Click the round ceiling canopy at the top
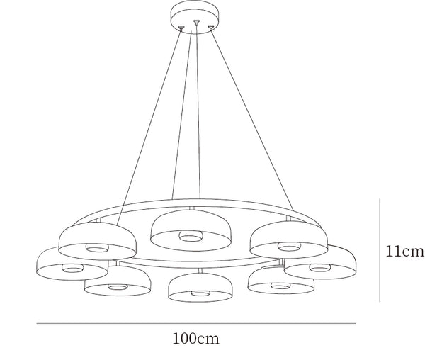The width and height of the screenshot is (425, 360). click(x=195, y=17)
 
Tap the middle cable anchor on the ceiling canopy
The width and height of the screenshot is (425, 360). click(x=196, y=21)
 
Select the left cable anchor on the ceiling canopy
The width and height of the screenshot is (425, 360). click(x=181, y=27)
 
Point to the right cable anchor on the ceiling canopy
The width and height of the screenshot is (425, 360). click(x=211, y=27)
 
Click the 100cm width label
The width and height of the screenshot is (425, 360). click(x=196, y=339)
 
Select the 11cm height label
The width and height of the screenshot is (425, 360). click(x=405, y=252)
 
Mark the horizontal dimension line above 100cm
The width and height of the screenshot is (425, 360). click(x=196, y=323)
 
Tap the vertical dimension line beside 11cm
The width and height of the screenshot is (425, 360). click(x=380, y=250)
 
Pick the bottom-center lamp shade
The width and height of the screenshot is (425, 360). click(x=200, y=287)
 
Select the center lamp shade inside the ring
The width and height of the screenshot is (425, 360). click(x=191, y=230)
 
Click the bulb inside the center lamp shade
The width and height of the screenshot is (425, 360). click(x=191, y=236)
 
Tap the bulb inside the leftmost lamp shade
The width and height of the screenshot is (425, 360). click(x=73, y=268)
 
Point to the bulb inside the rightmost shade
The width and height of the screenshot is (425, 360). click(x=320, y=267)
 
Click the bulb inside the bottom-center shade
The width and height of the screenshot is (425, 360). click(x=200, y=293)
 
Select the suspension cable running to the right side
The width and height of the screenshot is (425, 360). click(x=252, y=119)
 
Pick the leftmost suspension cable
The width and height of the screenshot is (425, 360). click(x=149, y=126)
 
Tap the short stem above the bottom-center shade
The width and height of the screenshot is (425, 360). click(x=200, y=271)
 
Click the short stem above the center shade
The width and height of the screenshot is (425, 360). click(x=192, y=208)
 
